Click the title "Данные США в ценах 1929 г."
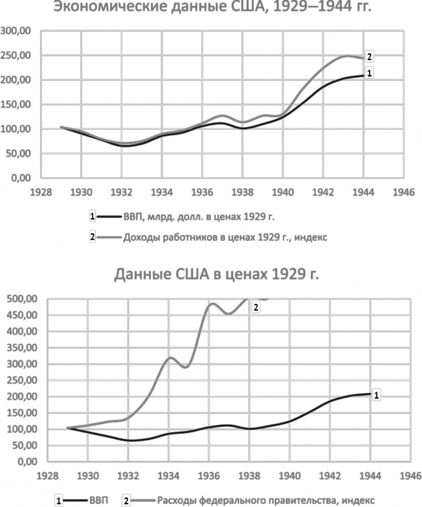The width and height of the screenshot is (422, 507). click(216, 276)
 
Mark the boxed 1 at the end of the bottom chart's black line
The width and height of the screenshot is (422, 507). click(376, 395)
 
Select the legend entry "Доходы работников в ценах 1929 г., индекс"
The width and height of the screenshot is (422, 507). click(225, 238)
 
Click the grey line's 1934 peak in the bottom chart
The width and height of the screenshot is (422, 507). click(169, 357)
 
